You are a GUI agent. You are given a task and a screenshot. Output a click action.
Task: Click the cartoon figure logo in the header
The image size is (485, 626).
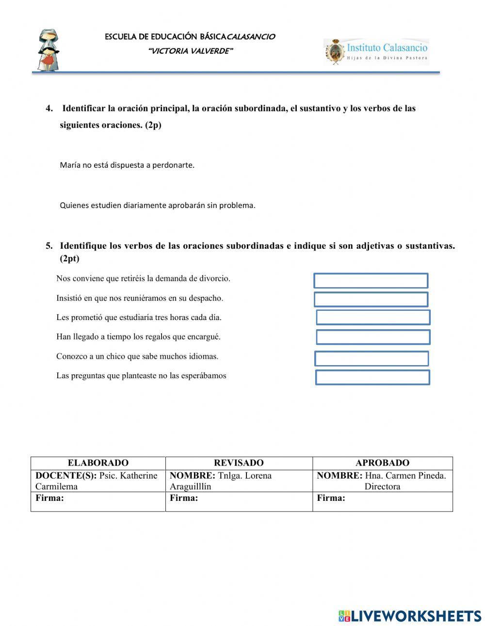coord(48,49)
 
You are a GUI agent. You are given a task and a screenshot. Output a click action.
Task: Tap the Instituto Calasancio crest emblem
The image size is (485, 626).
coord(334,52)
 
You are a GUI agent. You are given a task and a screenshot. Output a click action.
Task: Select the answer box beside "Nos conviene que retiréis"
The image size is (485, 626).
coord(371,281)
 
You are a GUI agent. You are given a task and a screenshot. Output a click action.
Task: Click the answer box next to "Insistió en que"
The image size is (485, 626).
coord(371,299)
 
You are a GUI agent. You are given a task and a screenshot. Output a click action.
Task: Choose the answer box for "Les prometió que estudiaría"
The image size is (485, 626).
coord(373,318)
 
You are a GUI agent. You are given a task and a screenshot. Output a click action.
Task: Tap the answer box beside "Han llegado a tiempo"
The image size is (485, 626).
coord(373,337)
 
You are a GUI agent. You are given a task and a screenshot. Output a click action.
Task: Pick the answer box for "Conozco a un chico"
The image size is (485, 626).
coord(372,358)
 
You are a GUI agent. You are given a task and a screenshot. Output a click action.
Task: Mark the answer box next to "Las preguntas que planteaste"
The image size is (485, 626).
coord(372,377)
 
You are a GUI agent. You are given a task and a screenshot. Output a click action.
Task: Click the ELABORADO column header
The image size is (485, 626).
coord(98,463)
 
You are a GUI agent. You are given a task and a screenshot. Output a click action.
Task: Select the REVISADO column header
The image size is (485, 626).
coord(239,463)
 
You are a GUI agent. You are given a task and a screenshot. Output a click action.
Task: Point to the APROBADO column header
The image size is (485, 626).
coord(382,463)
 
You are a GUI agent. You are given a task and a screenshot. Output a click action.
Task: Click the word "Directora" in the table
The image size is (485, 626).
coord(382,486)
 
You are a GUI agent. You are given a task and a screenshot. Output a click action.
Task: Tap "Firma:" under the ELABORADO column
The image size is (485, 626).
coord(49,498)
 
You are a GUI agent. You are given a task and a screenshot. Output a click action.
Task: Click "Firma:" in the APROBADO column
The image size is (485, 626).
coord(331,498)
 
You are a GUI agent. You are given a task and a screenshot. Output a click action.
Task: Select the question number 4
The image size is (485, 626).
coord(49,108)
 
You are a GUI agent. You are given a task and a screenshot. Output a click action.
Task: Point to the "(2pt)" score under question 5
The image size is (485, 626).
coord(69,258)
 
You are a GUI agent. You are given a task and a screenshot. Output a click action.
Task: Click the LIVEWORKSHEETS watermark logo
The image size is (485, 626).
coord(410,616)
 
